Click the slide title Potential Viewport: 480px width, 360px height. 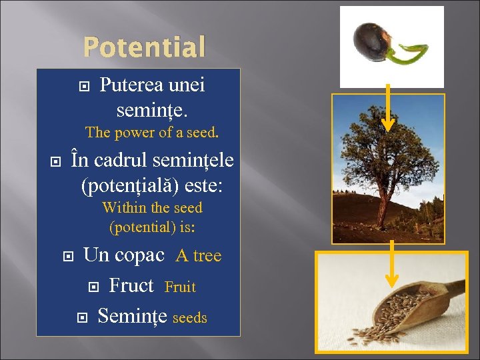[144, 47]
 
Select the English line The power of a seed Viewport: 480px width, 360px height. [151, 133]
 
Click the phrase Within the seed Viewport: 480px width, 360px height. [152, 208]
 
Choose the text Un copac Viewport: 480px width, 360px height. [123, 255]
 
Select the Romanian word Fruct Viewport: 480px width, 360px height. [131, 285]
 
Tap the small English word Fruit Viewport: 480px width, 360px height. [180, 287]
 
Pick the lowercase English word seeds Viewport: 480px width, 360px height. [189, 318]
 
